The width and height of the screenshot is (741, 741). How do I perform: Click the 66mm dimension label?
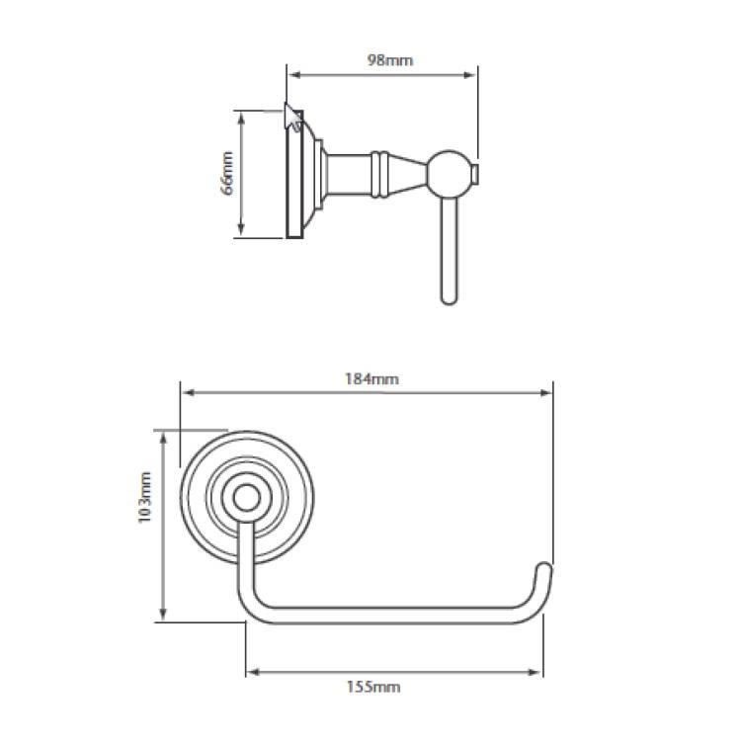click(227, 173)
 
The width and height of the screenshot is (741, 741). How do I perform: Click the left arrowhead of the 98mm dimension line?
click(293, 72)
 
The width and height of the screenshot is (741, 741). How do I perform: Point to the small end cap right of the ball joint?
click(476, 175)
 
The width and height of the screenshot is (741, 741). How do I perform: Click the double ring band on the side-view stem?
click(375, 172)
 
